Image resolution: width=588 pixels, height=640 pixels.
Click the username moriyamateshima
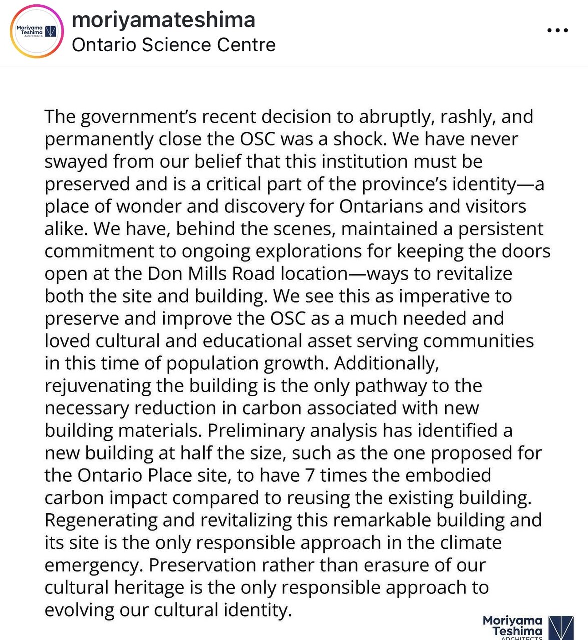coord(163,20)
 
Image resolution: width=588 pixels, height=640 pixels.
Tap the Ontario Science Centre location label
coord(173,45)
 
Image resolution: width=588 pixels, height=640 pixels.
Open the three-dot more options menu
coord(557,31)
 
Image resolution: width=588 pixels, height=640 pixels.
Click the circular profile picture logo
coord(36,31)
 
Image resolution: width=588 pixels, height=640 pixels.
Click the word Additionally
coord(386,363)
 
